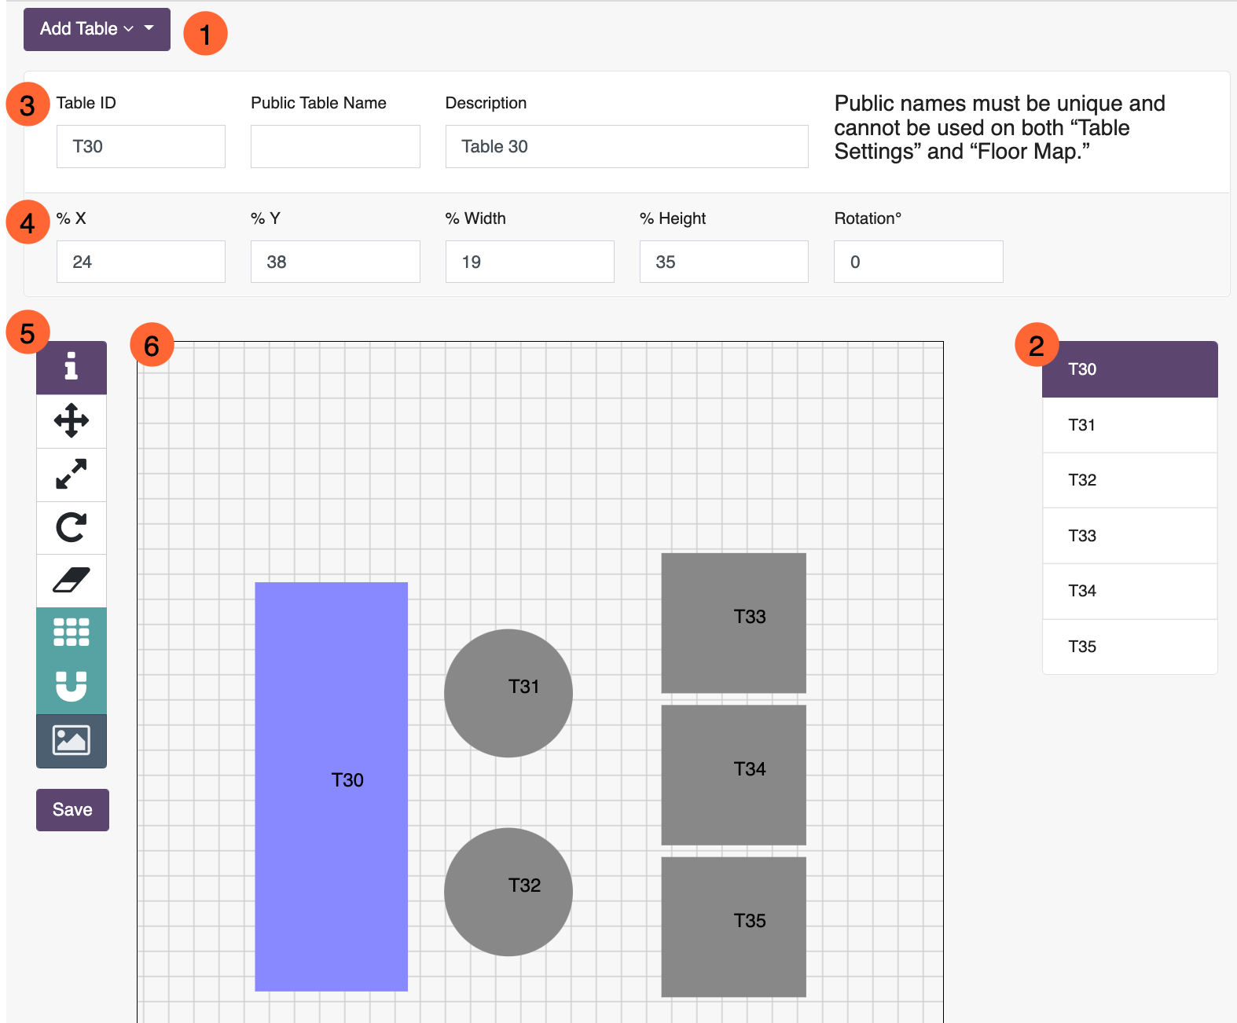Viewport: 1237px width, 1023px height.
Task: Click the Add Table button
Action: tap(97, 29)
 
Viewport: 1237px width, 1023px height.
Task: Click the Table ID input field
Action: tap(141, 146)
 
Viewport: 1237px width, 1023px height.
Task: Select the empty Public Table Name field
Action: tap(336, 146)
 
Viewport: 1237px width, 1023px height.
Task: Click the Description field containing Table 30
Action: tap(627, 146)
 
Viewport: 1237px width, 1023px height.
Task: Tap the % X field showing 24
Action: tap(141, 262)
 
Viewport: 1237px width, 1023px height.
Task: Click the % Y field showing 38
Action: tap(336, 262)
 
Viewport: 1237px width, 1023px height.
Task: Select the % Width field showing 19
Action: tap(530, 262)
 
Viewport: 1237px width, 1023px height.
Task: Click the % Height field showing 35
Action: tap(724, 262)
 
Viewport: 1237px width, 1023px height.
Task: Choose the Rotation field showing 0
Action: tap(918, 262)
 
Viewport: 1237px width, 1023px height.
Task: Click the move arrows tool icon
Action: tap(71, 421)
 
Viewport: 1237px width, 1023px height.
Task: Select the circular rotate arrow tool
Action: tap(71, 528)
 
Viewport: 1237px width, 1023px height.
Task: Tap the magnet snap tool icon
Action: tap(71, 687)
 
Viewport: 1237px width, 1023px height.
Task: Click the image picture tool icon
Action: tap(71, 740)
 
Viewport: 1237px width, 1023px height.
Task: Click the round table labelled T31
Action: tap(508, 693)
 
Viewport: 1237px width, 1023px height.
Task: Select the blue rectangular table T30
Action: tap(331, 786)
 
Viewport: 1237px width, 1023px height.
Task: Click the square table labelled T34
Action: tap(733, 775)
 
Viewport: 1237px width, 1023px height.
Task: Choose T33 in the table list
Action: tap(1130, 536)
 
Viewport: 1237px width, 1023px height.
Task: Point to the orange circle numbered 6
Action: tap(152, 346)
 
